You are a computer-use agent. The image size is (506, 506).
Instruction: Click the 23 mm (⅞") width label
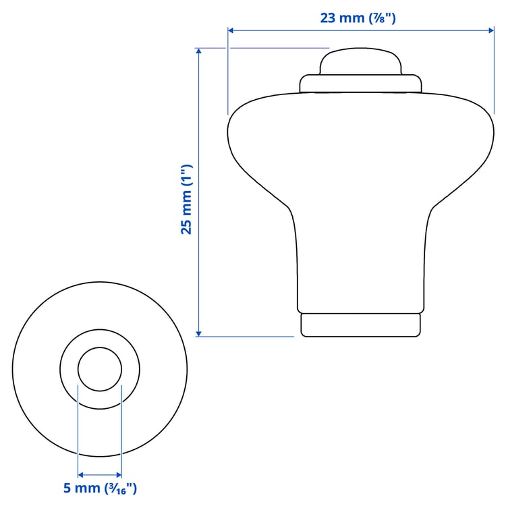click(358, 18)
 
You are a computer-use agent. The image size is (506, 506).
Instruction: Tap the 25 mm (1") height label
click(187, 200)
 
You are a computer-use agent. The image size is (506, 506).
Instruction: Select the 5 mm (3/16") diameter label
click(99, 488)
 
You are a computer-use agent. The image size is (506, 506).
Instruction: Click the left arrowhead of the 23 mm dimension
click(231, 30)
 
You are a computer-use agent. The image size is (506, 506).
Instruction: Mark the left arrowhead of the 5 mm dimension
click(82, 474)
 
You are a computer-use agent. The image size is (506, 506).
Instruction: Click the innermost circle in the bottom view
click(100, 369)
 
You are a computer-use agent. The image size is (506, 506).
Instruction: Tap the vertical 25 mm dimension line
click(198, 270)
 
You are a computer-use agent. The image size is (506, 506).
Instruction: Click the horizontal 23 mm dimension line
click(283, 30)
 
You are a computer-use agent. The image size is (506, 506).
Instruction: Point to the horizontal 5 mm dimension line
click(100, 474)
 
